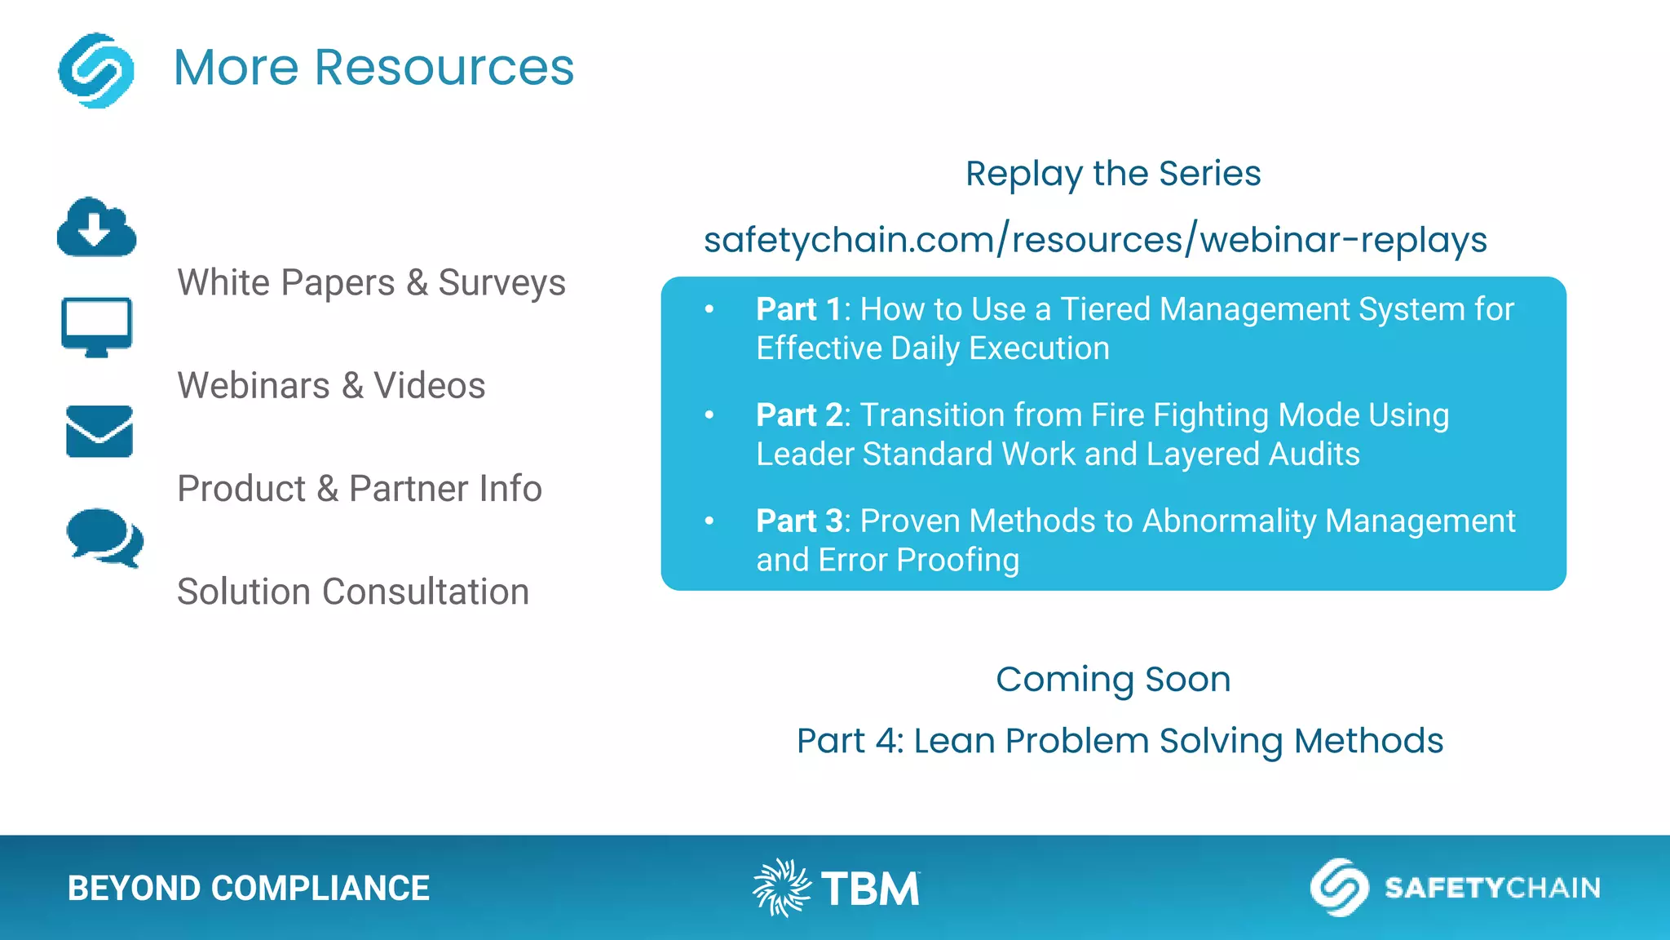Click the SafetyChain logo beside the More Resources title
(x=96, y=70)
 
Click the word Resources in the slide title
(x=444, y=67)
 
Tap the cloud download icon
(x=96, y=228)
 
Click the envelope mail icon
(x=99, y=431)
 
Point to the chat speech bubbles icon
(x=104, y=537)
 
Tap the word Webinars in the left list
(x=253, y=386)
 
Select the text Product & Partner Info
(x=359, y=489)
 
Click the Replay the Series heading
(x=1113, y=174)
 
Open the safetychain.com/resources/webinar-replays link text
(x=1095, y=240)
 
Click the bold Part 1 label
(x=797, y=310)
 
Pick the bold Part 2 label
(x=798, y=415)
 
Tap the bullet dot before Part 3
(x=709, y=521)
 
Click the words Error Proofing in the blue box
(x=918, y=561)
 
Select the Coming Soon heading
(x=1113, y=680)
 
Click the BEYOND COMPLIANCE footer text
(x=248, y=889)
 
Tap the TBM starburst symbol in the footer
(x=780, y=888)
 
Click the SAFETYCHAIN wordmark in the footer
(x=1491, y=888)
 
